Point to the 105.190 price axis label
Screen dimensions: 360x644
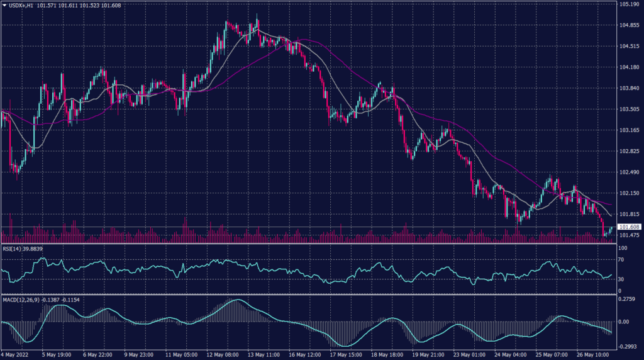point(630,4)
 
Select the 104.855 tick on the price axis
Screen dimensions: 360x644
point(630,25)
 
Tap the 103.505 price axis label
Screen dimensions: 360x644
point(630,109)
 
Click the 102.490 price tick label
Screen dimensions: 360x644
point(630,172)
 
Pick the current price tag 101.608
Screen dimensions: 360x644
point(630,227)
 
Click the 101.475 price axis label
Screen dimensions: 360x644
point(630,235)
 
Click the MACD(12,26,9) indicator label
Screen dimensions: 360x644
point(20,299)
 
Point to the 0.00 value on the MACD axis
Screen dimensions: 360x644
point(624,322)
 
